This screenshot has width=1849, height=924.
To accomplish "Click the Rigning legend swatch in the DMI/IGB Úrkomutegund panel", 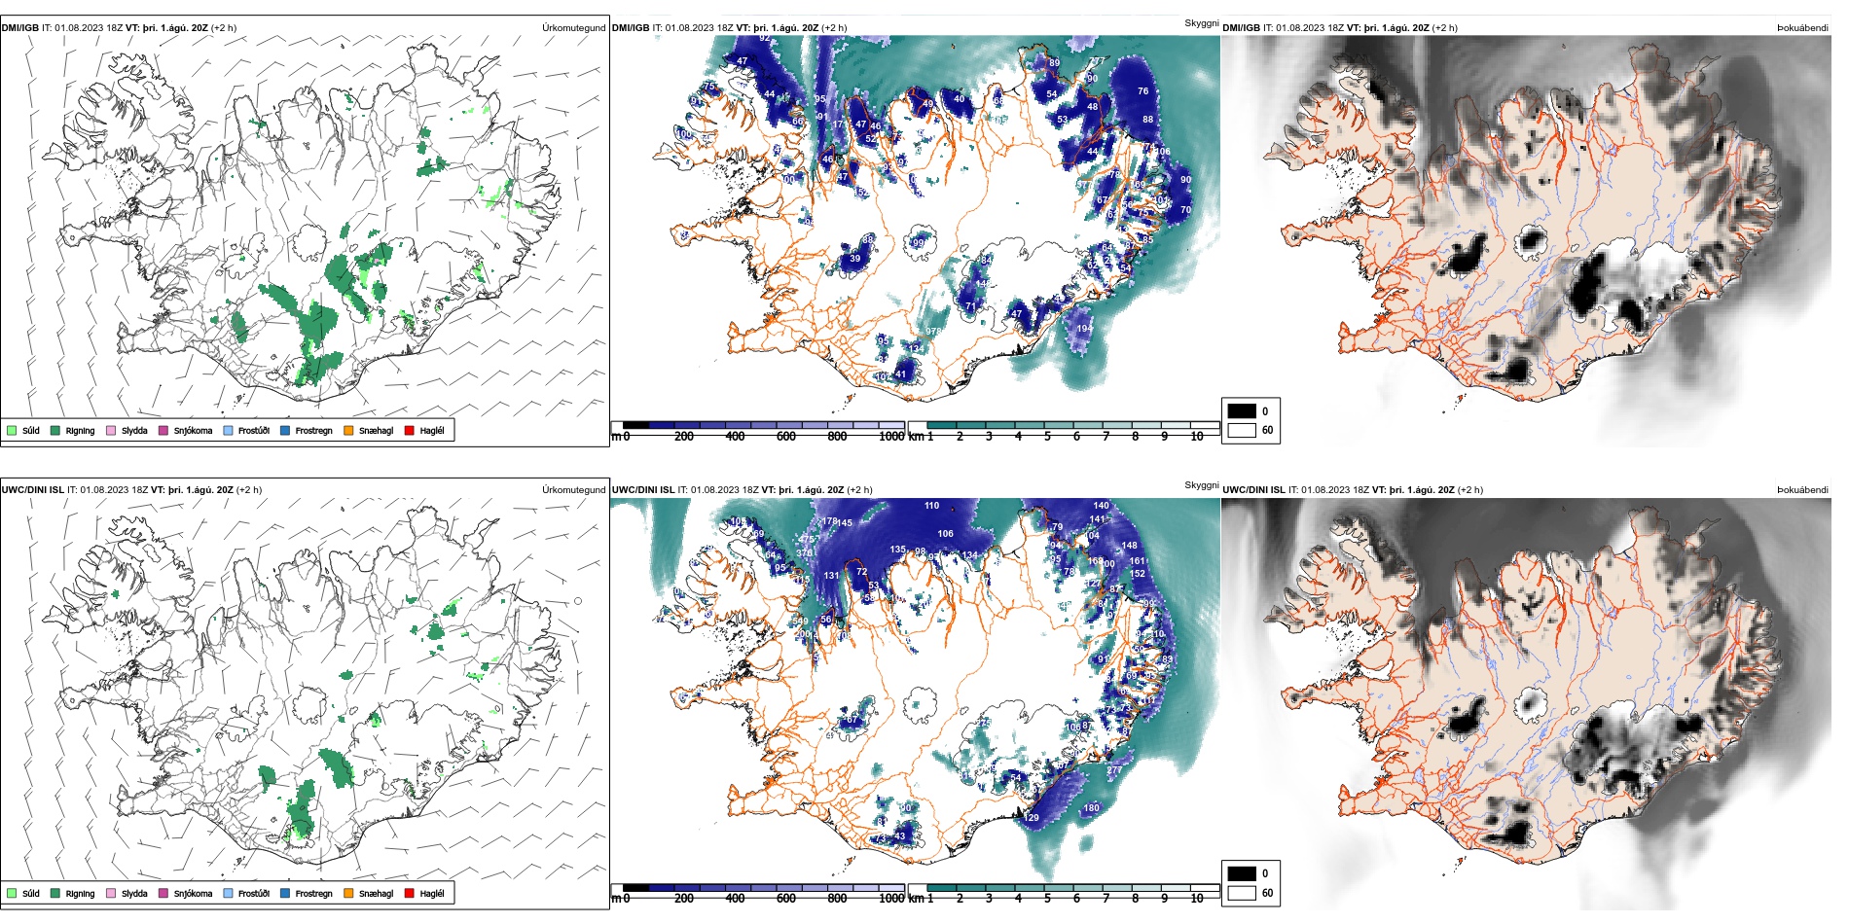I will pyautogui.click(x=56, y=430).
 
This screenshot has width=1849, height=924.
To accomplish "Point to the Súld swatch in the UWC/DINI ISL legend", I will pyautogui.click(x=12, y=893).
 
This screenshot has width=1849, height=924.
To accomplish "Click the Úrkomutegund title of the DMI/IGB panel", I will pyautogui.click(x=573, y=28).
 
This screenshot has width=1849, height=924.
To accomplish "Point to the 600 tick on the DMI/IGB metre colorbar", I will pyautogui.click(x=786, y=437).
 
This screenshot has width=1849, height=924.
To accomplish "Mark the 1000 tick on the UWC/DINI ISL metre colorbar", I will pyautogui.click(x=891, y=899).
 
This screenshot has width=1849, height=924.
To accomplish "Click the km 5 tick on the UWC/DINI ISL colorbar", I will pyautogui.click(x=1047, y=899).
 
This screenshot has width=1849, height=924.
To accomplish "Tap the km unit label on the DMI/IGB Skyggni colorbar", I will pyautogui.click(x=916, y=437).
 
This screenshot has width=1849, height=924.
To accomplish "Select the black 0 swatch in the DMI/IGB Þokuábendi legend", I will pyautogui.click(x=1242, y=411).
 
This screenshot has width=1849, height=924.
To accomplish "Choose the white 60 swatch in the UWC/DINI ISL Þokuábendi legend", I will pyautogui.click(x=1242, y=893).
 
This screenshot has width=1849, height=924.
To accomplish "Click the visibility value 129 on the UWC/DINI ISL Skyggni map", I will pyautogui.click(x=1032, y=818).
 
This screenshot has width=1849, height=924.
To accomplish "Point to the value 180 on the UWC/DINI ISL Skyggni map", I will pyautogui.click(x=1092, y=808).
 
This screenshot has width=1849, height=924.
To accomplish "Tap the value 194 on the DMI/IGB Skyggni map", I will pyautogui.click(x=1084, y=329).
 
